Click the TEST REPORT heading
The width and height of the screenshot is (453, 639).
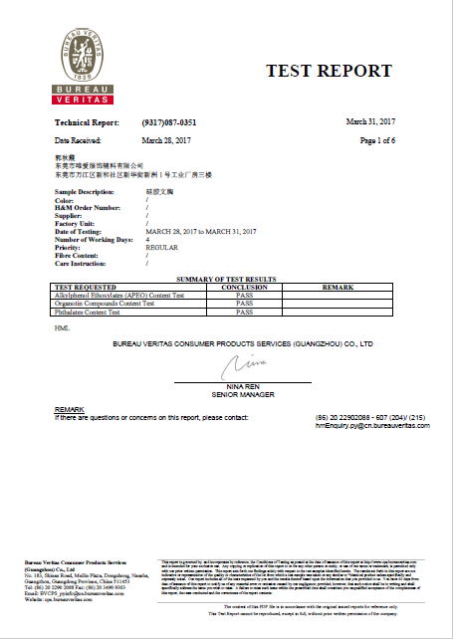(x=329, y=71)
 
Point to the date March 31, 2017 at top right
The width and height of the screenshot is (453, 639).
(x=369, y=120)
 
